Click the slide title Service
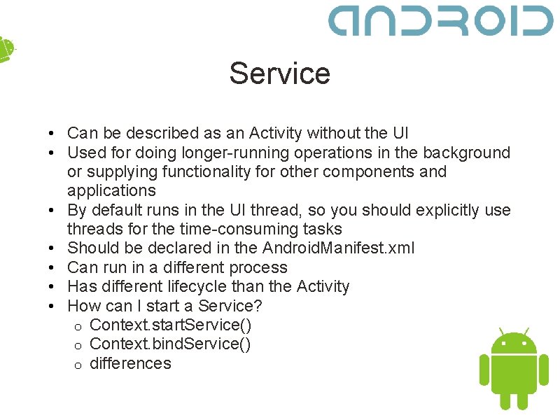[279, 73]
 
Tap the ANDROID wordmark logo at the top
[441, 21]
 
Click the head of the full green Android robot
[514, 343]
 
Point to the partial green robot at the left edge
[6, 49]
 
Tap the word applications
[111, 190]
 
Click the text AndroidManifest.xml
[338, 248]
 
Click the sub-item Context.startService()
[171, 325]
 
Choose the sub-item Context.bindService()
[170, 344]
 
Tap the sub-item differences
[130, 363]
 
